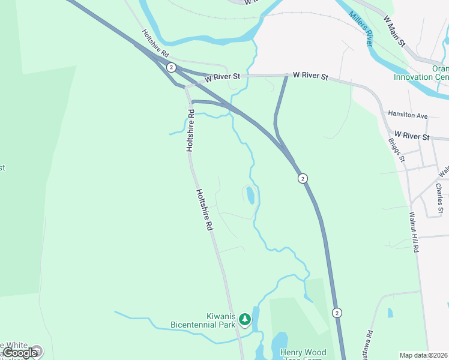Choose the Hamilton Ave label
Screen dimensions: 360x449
408,115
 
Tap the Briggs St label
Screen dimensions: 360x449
397,151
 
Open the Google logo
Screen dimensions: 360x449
20,353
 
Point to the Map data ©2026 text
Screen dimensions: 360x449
424,355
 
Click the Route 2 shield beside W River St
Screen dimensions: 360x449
172,67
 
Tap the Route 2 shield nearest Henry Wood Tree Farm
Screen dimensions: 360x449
337,313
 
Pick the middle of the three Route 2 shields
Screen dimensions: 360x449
303,178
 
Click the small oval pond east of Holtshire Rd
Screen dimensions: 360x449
250,195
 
